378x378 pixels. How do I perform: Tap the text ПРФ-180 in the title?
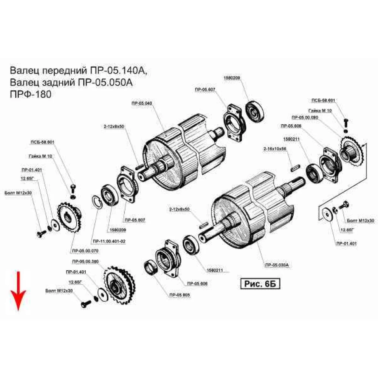30,94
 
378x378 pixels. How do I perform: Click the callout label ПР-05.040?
141,103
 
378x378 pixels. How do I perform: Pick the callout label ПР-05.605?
180,295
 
